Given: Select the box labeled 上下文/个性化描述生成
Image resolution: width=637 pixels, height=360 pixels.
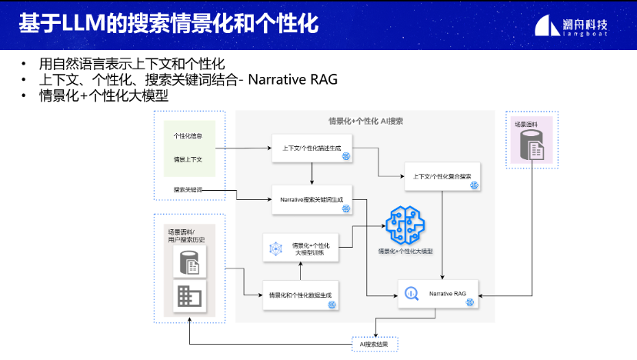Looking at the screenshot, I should (312, 148).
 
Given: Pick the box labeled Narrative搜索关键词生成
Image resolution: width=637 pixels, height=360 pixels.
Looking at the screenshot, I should (312, 199).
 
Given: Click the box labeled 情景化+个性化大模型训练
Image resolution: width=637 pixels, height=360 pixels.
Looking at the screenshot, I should (301, 248).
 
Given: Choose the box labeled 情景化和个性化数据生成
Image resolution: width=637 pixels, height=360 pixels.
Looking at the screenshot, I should (301, 295).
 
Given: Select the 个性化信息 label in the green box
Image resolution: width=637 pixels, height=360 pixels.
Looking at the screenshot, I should (188, 136).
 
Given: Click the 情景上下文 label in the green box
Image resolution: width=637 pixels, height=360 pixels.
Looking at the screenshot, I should (188, 159).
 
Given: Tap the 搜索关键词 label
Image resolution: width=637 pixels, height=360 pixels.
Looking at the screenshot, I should (188, 189).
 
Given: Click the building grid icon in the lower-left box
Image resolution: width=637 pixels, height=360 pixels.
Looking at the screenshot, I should (188, 297).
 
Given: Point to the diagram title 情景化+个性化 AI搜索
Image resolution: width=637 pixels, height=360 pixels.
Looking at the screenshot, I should (365, 122).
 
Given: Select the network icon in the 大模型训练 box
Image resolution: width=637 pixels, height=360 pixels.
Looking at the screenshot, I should (276, 248).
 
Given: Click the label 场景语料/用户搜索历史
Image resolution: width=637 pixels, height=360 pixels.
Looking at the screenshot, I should (187, 237).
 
